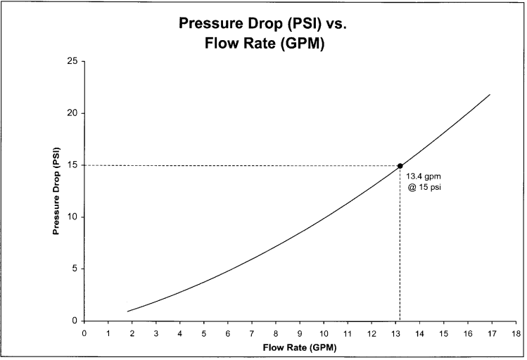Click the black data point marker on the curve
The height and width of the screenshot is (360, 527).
coord(400,166)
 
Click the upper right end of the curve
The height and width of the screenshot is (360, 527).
coord(490,95)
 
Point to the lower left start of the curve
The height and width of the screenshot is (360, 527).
coord(127,311)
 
